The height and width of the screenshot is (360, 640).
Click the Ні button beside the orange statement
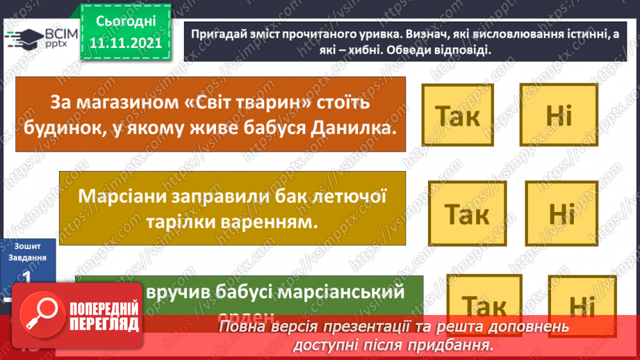point(558,115)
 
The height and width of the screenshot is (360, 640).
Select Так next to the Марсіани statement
point(467,214)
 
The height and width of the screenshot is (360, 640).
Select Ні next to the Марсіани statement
point(561,213)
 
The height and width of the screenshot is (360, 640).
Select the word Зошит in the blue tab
point(26,245)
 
